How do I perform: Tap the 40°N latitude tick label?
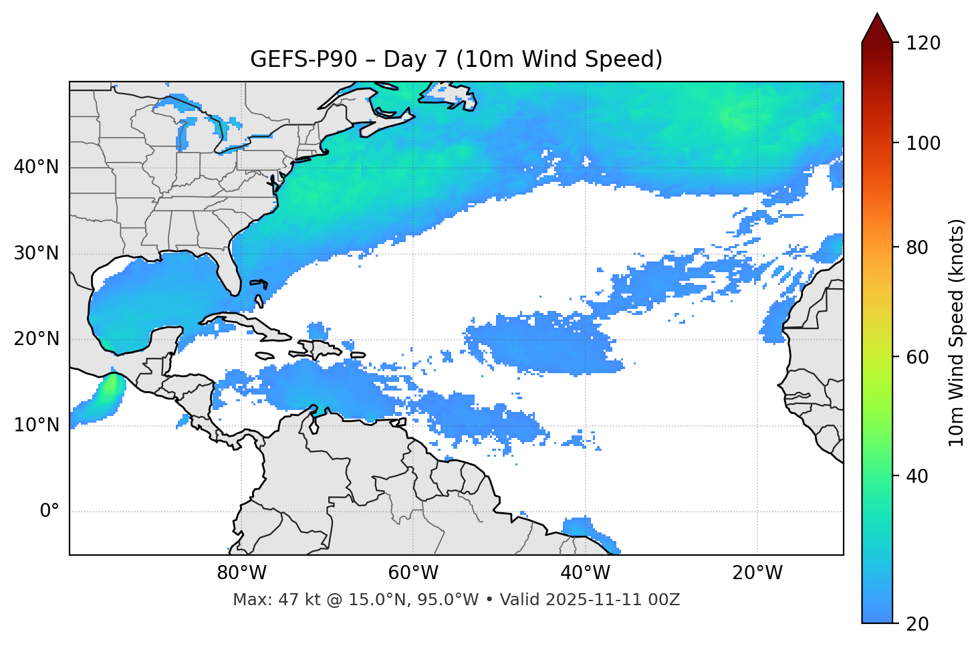(36, 167)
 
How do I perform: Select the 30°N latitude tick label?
(36, 253)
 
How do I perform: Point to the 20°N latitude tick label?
(36, 339)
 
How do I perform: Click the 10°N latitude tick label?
(36, 425)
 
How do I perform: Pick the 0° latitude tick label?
(49, 512)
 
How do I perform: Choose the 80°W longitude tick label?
(241, 573)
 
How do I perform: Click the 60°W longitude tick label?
(413, 573)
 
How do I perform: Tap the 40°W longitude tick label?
(585, 573)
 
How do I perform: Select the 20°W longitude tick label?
(757, 573)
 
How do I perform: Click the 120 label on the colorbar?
(923, 43)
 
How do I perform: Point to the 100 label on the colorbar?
(923, 143)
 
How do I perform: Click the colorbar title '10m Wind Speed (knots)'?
(957, 332)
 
